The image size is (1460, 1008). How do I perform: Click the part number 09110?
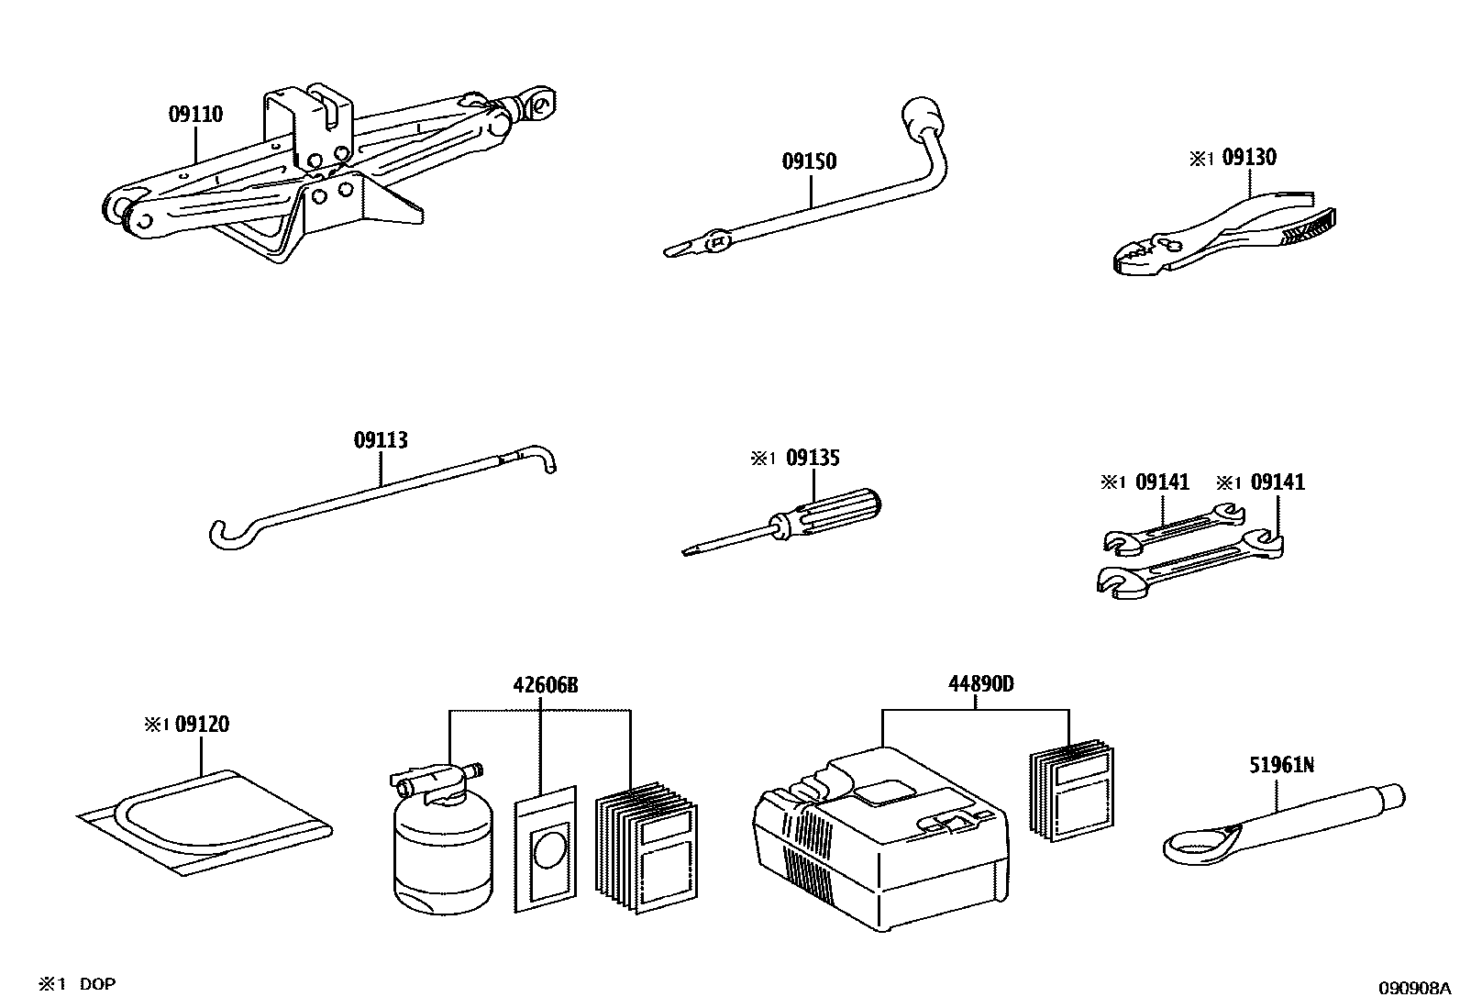pyautogui.click(x=195, y=115)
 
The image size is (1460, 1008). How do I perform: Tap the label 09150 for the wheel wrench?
pyautogui.click(x=809, y=161)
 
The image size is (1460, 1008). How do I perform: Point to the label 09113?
pyautogui.click(x=381, y=440)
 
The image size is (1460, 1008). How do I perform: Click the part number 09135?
pyautogui.click(x=813, y=458)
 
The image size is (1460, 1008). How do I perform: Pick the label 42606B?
pyautogui.click(x=546, y=685)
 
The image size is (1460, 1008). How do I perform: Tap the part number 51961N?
pyautogui.click(x=1281, y=764)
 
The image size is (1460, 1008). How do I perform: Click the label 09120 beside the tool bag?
pyautogui.click(x=202, y=725)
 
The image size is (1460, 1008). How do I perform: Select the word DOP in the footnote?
pyautogui.click(x=97, y=984)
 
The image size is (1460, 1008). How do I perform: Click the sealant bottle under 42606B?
pyautogui.click(x=441, y=853)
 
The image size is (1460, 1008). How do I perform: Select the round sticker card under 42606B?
pyautogui.click(x=547, y=848)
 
